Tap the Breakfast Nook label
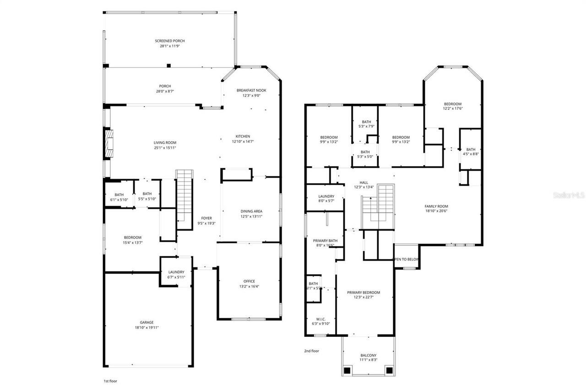251,90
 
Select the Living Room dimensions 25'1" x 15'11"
165,148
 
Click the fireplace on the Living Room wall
109,144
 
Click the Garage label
146,322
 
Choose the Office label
249,281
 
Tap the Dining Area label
251,211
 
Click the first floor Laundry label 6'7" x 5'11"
176,277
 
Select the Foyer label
206,218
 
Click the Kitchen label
243,136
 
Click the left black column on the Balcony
347,370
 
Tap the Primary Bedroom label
364,292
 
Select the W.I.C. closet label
320,318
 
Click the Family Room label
436,206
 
